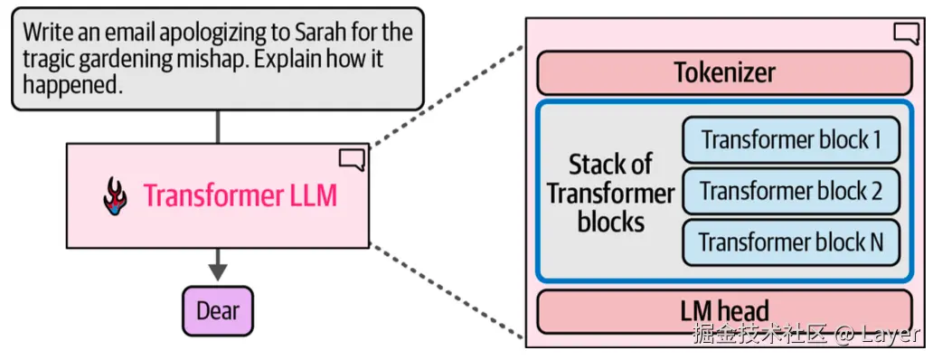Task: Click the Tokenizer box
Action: click(x=724, y=72)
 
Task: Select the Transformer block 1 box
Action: click(x=791, y=140)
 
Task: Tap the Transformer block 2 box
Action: click(x=791, y=191)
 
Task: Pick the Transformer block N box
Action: click(x=791, y=242)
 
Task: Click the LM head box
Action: click(x=724, y=312)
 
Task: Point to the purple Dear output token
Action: click(x=218, y=311)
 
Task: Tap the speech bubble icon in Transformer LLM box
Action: click(x=352, y=160)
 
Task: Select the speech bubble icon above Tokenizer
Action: click(x=906, y=33)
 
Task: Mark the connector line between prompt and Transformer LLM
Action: click(x=218, y=127)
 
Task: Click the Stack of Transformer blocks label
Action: click(x=610, y=193)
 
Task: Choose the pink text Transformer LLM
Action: click(x=240, y=195)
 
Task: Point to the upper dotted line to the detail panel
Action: click(x=448, y=98)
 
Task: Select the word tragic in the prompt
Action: click(x=51, y=60)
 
